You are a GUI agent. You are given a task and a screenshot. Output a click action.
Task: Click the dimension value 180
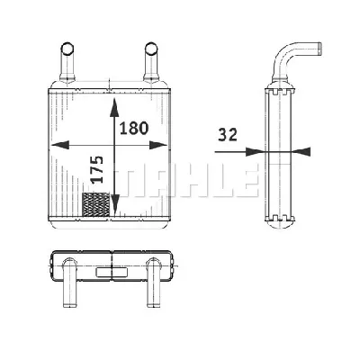click(134, 128)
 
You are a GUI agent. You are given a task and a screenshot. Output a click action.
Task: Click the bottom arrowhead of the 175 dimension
click(113, 212)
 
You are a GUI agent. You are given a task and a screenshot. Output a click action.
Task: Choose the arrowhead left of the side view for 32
click(260, 151)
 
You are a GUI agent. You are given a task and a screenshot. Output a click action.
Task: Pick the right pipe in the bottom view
click(154, 279)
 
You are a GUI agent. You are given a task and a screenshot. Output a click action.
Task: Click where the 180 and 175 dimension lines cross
click(113, 144)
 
